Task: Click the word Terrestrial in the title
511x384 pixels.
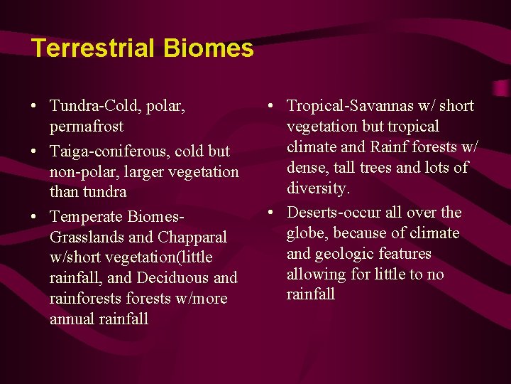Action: (x=93, y=48)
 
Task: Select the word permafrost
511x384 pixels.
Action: (x=87, y=127)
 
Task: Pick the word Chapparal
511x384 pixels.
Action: (x=192, y=237)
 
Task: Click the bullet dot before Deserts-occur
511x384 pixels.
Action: (x=272, y=213)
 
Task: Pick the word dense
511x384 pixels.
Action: (x=306, y=168)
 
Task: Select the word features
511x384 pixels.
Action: (x=405, y=254)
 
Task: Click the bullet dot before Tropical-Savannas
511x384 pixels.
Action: (x=272, y=107)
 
